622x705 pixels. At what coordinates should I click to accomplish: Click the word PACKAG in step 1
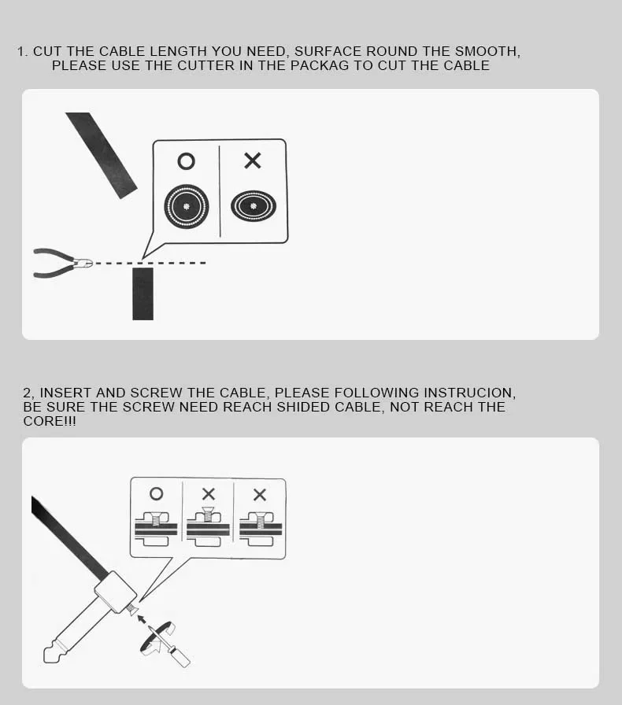click(x=319, y=65)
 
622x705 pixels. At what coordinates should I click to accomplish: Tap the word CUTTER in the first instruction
click(x=206, y=65)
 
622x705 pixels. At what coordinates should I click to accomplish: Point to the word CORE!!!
click(x=50, y=421)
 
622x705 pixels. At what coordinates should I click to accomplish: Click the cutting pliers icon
click(x=62, y=263)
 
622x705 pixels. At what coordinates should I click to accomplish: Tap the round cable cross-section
click(x=187, y=206)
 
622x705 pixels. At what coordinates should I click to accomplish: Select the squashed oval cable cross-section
click(x=254, y=206)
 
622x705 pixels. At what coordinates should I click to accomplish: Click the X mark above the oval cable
click(x=253, y=161)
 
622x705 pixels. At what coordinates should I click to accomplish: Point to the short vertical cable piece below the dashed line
click(x=143, y=294)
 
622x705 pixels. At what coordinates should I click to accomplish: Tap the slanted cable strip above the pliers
click(x=102, y=155)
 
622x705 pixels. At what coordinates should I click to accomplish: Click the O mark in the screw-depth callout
click(x=156, y=493)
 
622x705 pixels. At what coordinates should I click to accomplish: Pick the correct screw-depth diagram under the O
click(x=156, y=529)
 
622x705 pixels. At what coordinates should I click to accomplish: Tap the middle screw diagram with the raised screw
click(x=208, y=526)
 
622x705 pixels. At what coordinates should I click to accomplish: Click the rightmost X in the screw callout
click(x=260, y=495)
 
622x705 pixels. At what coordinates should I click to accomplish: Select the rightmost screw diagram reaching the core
click(x=261, y=529)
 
